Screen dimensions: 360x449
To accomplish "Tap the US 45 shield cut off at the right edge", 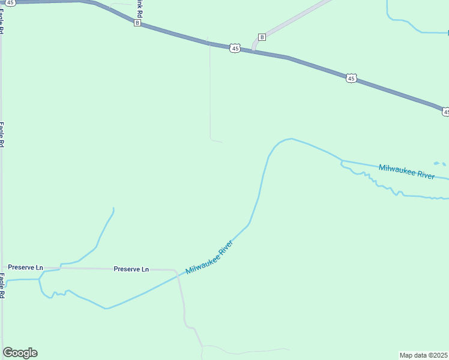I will click(445, 112).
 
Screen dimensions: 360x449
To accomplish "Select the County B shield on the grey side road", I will click(262, 37).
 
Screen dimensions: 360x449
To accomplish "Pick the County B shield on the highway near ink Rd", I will click(137, 23).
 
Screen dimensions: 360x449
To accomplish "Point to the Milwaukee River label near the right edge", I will click(406, 172).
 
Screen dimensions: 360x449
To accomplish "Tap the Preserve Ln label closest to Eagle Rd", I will click(26, 267).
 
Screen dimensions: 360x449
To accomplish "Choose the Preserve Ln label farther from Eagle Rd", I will click(131, 269).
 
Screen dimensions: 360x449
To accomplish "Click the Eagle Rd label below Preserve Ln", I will click(2, 286).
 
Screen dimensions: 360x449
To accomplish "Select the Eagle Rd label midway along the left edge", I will click(2, 134).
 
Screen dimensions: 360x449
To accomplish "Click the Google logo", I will click(20, 353).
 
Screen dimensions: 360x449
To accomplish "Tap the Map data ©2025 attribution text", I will click(424, 355).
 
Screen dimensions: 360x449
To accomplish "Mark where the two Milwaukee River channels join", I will click(342, 161).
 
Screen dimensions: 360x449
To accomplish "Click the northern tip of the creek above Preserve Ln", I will click(113, 208).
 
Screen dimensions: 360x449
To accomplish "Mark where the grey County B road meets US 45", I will click(253, 50).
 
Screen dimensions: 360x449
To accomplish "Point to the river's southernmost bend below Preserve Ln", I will click(106, 308).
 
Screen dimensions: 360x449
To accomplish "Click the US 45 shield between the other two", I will click(351, 78).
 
